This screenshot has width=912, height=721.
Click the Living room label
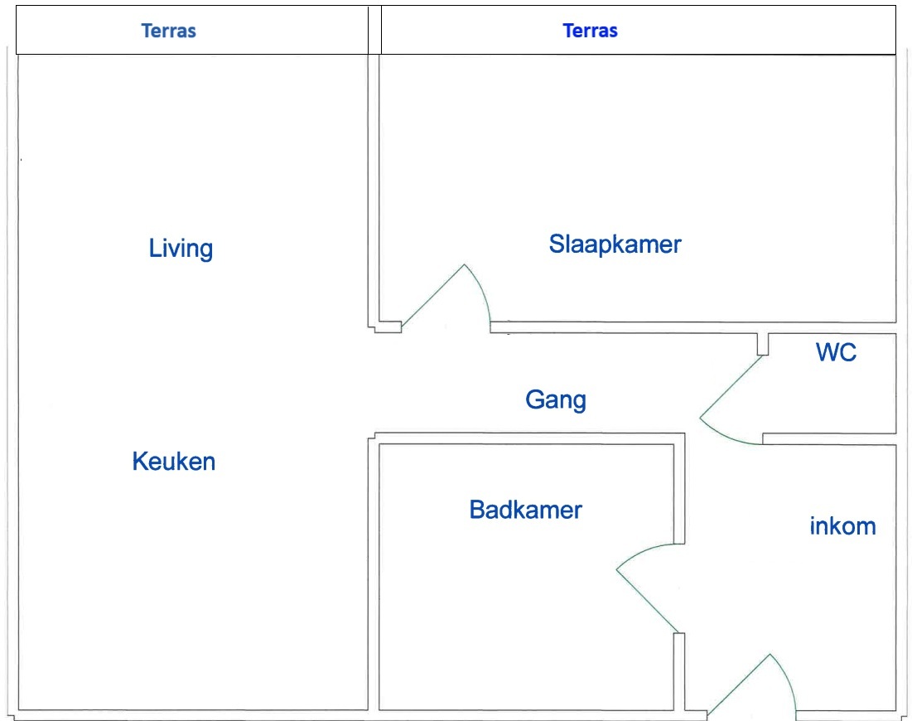[x=181, y=249]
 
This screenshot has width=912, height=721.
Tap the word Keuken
[x=174, y=462]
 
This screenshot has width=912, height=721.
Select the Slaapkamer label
[x=615, y=244]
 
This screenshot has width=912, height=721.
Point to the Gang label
[x=556, y=400]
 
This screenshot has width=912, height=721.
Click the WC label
[x=836, y=352]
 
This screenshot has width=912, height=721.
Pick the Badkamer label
[x=525, y=510]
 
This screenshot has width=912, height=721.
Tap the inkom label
[x=842, y=526]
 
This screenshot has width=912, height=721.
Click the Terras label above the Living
[x=169, y=31]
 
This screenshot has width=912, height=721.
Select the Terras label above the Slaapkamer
[x=590, y=31]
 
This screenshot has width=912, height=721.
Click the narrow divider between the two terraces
[x=374, y=31]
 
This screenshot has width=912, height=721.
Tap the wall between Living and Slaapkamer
[x=374, y=192]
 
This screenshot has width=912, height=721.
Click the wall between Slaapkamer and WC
[x=692, y=327]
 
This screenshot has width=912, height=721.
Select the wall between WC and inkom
[x=829, y=438]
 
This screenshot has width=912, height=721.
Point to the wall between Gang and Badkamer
[x=529, y=438]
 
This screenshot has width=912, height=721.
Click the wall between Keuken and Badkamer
[x=374, y=574]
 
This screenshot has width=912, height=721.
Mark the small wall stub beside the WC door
[x=763, y=344]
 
